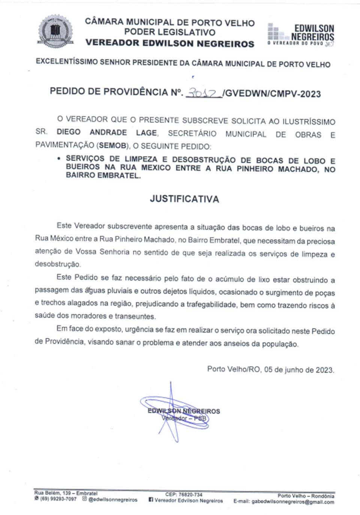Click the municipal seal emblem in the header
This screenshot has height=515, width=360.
point(55,32)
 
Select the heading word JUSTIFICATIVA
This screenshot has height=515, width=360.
point(184,199)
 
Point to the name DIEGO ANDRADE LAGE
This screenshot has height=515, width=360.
point(107,132)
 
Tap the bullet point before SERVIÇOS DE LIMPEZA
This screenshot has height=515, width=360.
point(59,159)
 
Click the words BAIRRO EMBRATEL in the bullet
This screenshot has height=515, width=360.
point(103,176)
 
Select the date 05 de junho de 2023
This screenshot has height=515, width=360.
point(299,369)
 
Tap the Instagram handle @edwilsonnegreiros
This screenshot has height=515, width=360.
point(112,500)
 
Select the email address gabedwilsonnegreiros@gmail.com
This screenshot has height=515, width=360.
point(292,502)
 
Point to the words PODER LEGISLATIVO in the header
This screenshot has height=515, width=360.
point(169,32)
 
